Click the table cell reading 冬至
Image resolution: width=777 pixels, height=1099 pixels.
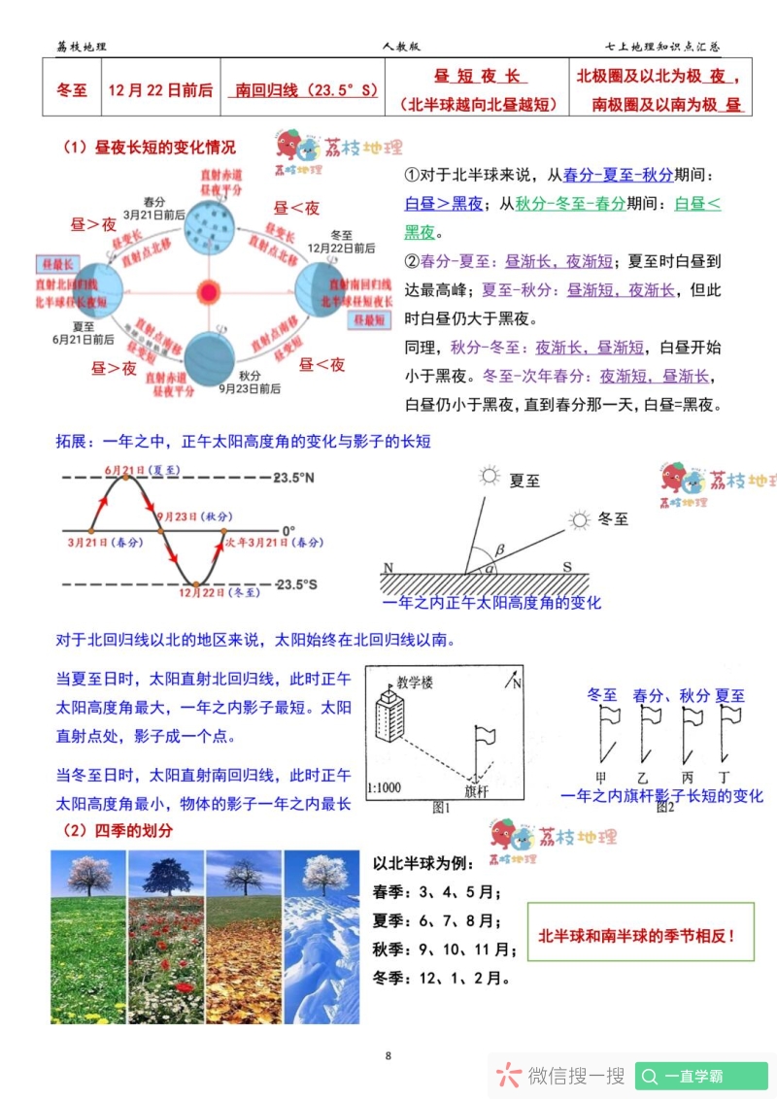pos(72,90)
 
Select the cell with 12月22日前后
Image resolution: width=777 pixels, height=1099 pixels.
pos(160,90)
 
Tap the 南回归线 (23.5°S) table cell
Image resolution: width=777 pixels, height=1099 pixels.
pos(303,90)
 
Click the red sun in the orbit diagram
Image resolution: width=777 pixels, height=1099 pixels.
pos(208,291)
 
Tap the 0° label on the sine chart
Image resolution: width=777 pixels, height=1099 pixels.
pos(288,531)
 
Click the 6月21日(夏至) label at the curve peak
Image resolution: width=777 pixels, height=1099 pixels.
pos(143,470)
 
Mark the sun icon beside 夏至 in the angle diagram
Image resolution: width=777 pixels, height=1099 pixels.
pos(489,476)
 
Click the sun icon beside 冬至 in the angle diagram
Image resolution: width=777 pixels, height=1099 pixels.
pos(580,520)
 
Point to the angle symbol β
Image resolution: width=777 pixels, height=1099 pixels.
pos(500,549)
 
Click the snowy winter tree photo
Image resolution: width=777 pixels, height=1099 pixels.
pos(321,937)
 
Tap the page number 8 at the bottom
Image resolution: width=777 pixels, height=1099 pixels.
pos(388,1055)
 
